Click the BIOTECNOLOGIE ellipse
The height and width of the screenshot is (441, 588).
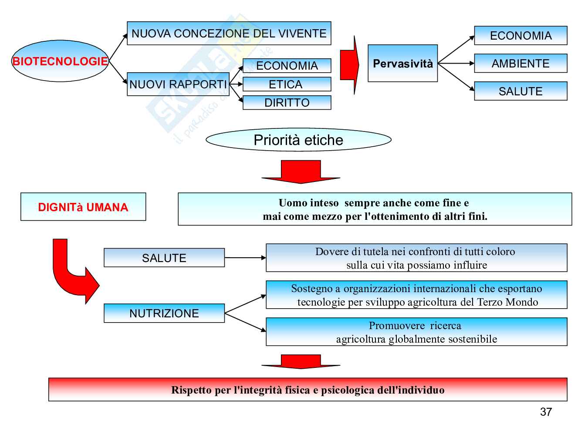click(60, 61)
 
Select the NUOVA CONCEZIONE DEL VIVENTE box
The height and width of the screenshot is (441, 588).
click(229, 34)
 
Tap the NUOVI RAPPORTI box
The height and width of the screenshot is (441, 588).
click(178, 84)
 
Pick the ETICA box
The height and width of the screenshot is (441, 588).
click(287, 84)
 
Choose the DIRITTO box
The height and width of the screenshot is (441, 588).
click(287, 103)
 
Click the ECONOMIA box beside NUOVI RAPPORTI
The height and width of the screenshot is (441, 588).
click(287, 66)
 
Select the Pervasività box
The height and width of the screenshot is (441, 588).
click(402, 64)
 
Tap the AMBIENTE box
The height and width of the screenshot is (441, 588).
click(520, 64)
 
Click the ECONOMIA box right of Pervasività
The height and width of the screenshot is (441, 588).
click(520, 36)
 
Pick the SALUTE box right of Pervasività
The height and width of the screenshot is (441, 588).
click(520, 91)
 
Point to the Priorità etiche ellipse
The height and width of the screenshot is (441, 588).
click(298, 140)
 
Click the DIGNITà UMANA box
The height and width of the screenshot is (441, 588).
click(83, 207)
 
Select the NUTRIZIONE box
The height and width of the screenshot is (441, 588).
click(164, 313)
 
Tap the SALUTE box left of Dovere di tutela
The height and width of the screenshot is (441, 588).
click(164, 258)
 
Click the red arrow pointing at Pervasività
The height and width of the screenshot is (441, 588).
click(349, 65)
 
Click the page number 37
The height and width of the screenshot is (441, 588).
click(546, 412)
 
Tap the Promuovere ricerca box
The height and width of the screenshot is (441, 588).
click(416, 332)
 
